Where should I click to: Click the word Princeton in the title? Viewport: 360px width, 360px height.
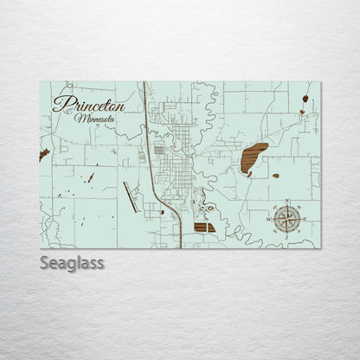coord(89,104)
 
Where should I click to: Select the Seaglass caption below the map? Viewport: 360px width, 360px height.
coord(72,262)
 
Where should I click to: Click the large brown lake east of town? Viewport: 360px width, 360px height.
coord(254,158)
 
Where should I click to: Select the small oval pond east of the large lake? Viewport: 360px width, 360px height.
coord(275,176)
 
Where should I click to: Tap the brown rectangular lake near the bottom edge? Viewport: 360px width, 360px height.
coord(205,227)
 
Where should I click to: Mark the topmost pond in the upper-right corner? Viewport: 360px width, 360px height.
coord(305,99)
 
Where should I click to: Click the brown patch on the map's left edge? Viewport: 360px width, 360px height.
coord(44,155)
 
